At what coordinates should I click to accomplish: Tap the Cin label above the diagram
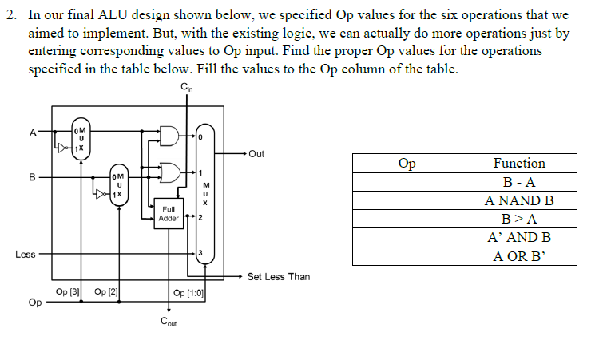coord(185,87)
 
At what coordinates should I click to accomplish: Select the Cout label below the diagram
coord(169,322)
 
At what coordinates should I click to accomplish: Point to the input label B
coord(32,177)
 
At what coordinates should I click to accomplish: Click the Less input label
coord(25,255)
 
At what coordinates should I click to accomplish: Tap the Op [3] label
coord(68,292)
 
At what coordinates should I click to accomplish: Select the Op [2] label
coord(105,292)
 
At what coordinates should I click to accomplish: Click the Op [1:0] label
coord(189,293)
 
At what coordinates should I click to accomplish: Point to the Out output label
coord(256,154)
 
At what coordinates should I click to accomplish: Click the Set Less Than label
coord(278,277)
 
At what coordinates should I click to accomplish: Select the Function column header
coord(519,164)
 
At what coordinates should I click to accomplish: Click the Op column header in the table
coord(407,164)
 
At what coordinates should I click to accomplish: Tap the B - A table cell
coord(519,182)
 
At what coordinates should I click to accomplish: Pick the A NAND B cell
coord(519,200)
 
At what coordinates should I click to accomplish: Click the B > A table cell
coord(519,219)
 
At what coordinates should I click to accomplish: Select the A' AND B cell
coord(519,237)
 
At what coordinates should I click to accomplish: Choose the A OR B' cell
coord(519,255)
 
